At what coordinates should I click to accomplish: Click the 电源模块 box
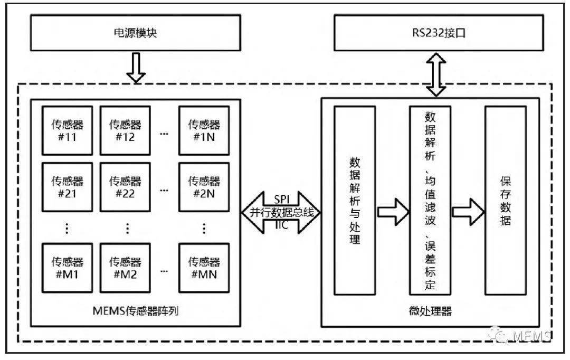[x=136, y=33]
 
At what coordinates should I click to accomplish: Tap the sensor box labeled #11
[x=67, y=130]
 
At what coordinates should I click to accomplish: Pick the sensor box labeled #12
[x=125, y=130]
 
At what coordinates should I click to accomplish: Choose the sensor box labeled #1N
[x=204, y=130]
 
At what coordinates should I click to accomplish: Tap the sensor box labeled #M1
[x=67, y=267]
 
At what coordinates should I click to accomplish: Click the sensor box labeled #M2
[x=125, y=267]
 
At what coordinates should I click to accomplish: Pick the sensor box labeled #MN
[x=204, y=267]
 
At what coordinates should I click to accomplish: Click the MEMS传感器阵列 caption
[x=136, y=311]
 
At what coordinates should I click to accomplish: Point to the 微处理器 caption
[x=430, y=311]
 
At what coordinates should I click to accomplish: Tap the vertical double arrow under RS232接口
[x=436, y=74]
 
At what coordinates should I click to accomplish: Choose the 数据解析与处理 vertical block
[x=355, y=201]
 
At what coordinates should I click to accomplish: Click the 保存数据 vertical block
[x=505, y=201]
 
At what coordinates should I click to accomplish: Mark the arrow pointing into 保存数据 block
[x=468, y=212]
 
